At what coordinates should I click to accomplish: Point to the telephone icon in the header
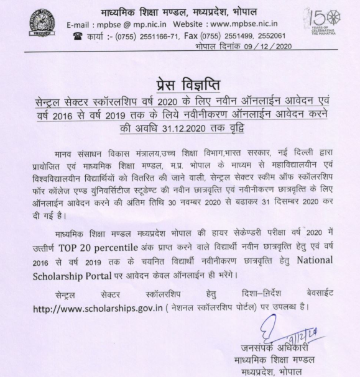pos(78,36)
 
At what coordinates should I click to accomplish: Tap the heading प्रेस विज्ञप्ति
pos(180,86)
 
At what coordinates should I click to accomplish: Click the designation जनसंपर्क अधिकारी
pos(272,348)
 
